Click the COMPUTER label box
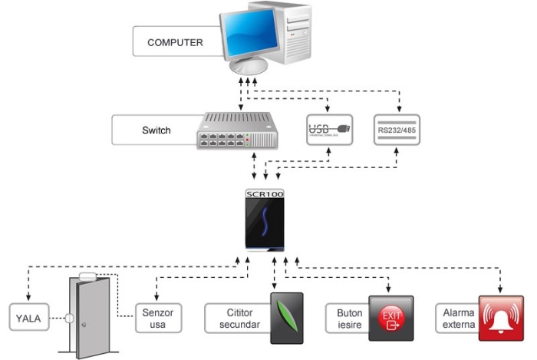pyautogui.click(x=175, y=42)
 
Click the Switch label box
pyautogui.click(x=156, y=130)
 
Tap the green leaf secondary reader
pyautogui.click(x=286, y=316)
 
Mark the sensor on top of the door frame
pyautogui.click(x=87, y=276)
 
